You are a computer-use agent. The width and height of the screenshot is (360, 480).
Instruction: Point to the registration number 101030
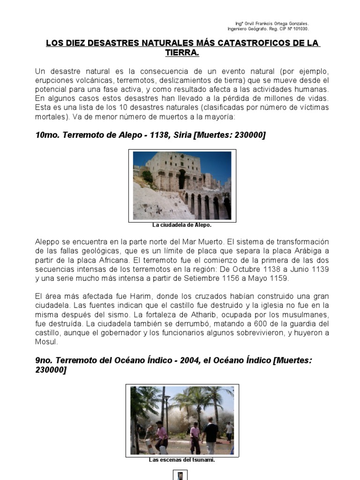coord(300,29)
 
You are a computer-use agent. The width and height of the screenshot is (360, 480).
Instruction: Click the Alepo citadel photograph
coord(182,186)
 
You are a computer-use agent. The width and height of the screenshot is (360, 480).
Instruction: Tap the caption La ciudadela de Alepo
coord(182,225)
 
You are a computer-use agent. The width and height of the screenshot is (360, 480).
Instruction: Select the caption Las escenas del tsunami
coord(182,460)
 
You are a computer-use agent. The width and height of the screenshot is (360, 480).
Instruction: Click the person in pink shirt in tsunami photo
coord(162,434)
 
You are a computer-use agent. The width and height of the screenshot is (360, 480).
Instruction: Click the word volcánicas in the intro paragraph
coord(90,80)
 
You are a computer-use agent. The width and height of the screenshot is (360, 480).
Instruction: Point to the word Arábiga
coord(301,250)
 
